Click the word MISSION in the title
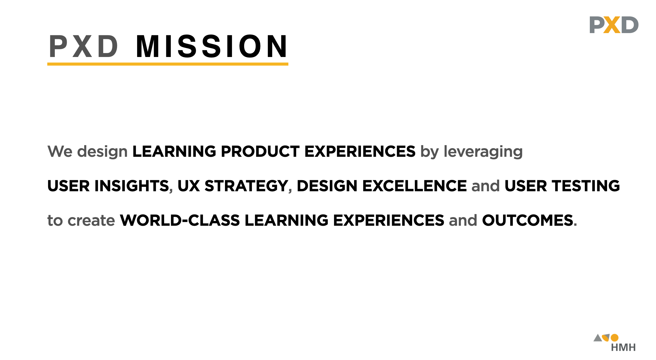(x=211, y=46)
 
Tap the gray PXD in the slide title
(x=83, y=46)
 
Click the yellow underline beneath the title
(x=168, y=64)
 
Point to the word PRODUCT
(x=260, y=152)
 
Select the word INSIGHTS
(x=132, y=186)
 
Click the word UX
(x=189, y=186)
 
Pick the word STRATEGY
(x=246, y=186)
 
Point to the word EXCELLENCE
(x=414, y=186)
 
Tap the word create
(x=91, y=220)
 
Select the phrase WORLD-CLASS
(x=180, y=220)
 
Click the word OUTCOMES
(x=528, y=220)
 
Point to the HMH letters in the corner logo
(x=623, y=347)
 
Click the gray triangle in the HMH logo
(x=597, y=338)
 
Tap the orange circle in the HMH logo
(x=615, y=337)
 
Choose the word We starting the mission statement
(x=60, y=152)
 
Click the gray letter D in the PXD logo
(x=630, y=25)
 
